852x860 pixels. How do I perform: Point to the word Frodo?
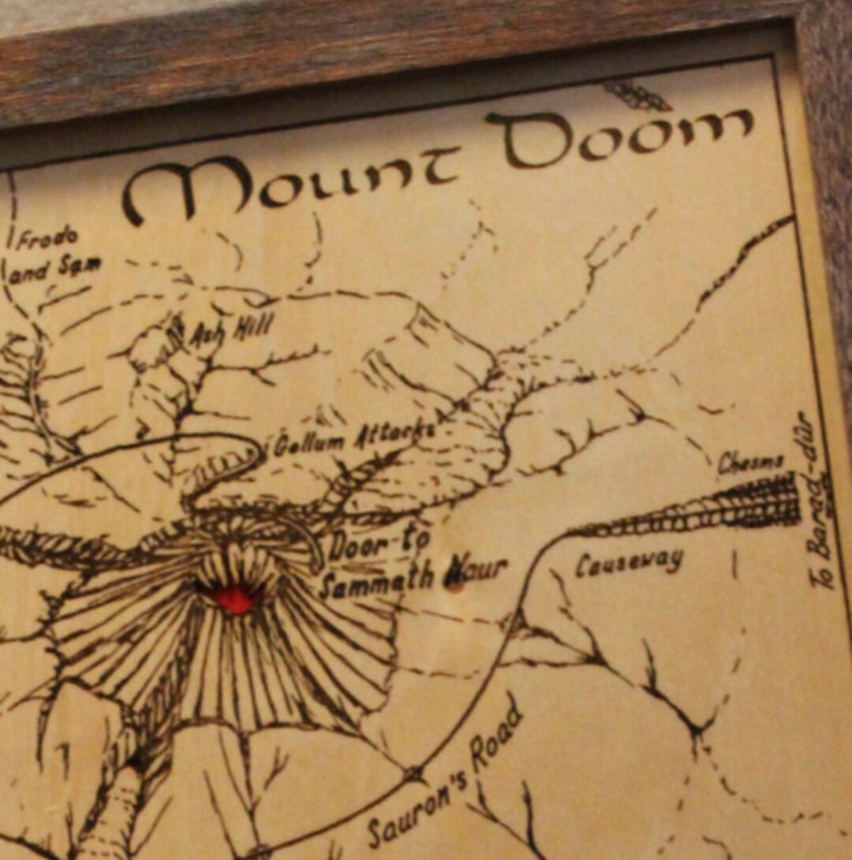pos(47,237)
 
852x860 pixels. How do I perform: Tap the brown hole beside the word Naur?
pos(454,585)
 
